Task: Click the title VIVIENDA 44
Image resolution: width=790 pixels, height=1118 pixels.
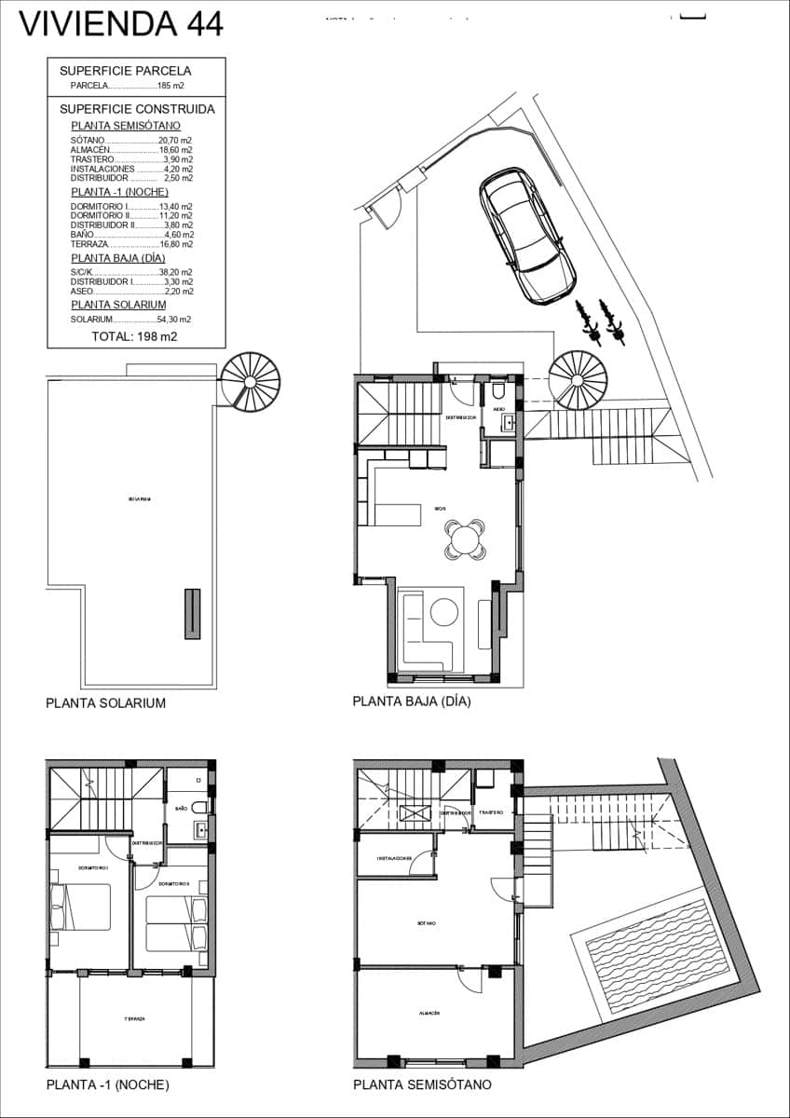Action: [122, 23]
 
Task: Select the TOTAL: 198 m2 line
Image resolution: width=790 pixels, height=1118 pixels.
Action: [135, 336]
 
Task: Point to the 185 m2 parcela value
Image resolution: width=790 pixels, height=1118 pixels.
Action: [170, 86]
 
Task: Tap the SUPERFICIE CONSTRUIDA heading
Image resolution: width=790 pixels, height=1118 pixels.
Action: [137, 109]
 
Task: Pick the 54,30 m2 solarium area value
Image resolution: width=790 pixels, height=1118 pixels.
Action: [174, 320]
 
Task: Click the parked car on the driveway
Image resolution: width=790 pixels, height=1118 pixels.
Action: [526, 235]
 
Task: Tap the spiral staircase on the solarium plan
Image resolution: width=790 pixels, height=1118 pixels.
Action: [251, 380]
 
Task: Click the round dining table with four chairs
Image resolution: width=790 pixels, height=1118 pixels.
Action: [465, 539]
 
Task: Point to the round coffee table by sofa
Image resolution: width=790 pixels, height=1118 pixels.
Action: [442, 612]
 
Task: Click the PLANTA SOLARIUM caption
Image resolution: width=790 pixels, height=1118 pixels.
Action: [105, 703]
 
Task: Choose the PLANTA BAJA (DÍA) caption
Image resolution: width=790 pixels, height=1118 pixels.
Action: [412, 702]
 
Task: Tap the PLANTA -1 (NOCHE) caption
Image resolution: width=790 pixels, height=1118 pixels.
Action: [107, 1084]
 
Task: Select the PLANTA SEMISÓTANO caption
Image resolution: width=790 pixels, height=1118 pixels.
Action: [422, 1084]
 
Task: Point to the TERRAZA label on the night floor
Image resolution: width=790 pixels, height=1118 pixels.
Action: [133, 1019]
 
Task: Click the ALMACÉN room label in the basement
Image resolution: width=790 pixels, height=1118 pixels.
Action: [429, 1013]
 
